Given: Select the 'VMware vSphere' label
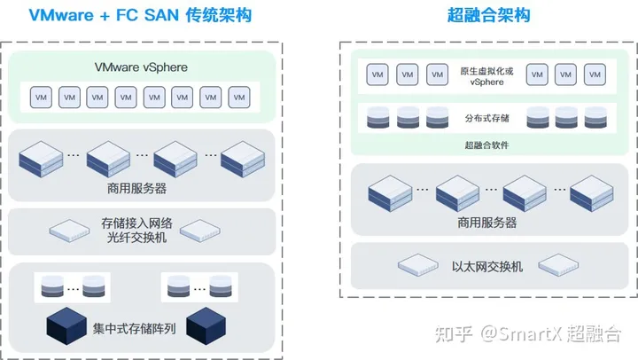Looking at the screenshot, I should pyautogui.click(x=141, y=67).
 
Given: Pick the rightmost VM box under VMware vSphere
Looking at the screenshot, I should pyautogui.click(x=239, y=96).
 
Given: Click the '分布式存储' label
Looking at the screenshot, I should pyautogui.click(x=481, y=117).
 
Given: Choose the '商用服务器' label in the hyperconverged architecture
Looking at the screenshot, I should pyautogui.click(x=486, y=223).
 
